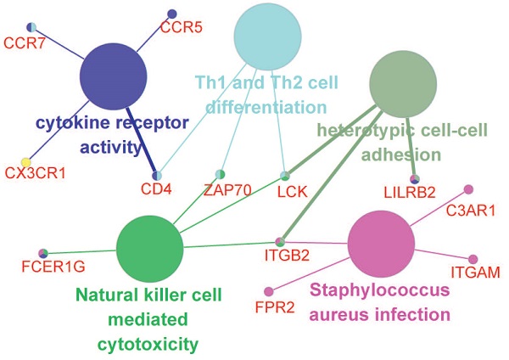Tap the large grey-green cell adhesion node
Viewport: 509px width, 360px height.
404,84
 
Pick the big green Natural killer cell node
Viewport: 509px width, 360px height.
149,247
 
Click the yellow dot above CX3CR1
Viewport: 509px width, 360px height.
26,161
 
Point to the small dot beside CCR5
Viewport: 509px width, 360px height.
171,14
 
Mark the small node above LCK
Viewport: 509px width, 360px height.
286,176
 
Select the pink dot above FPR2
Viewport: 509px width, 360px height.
269,291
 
